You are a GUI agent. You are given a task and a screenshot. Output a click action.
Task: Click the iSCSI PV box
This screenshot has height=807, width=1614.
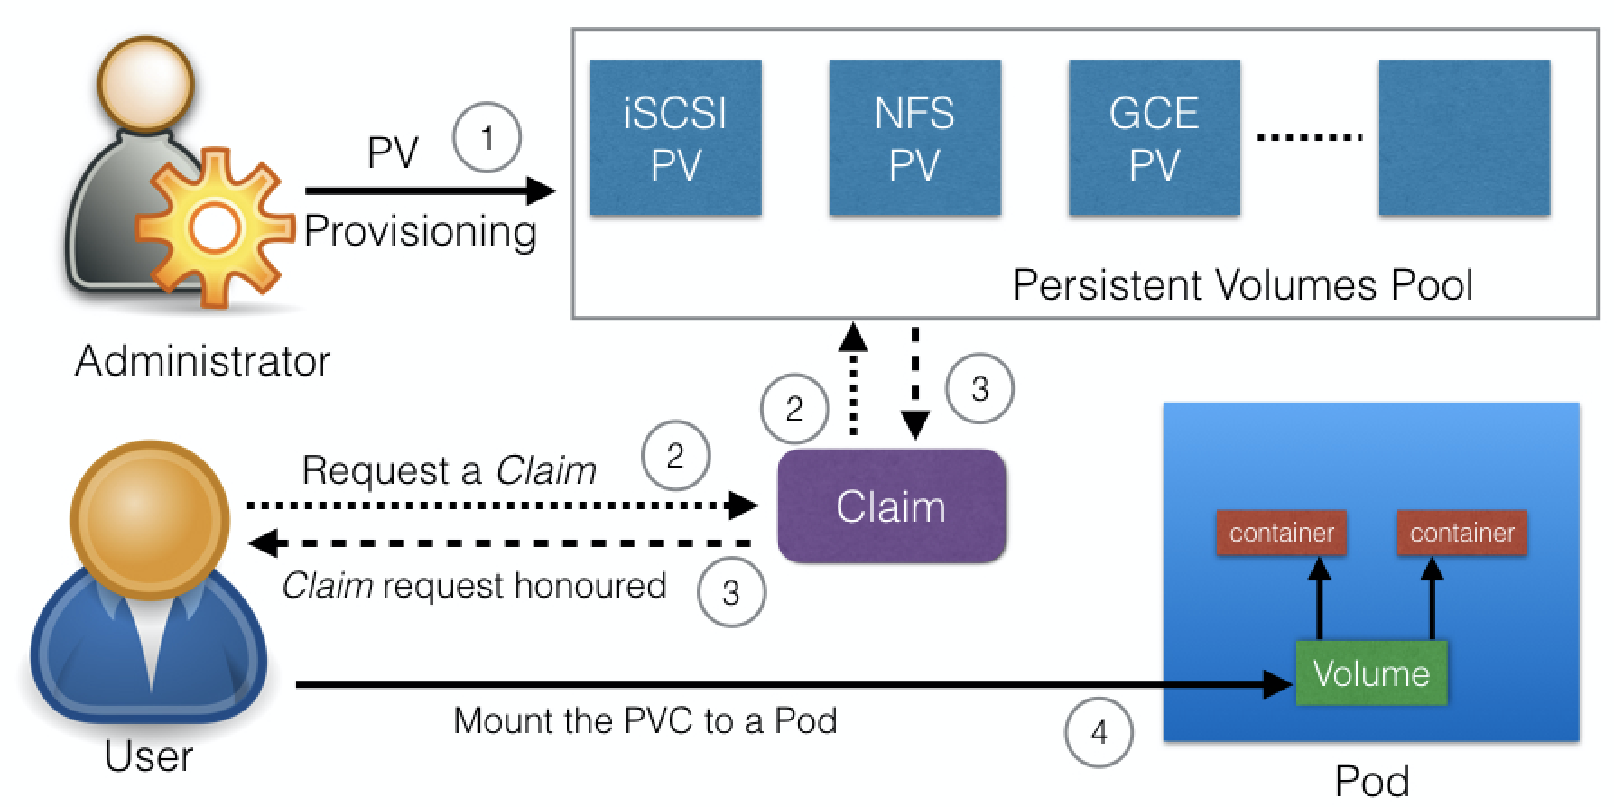675,137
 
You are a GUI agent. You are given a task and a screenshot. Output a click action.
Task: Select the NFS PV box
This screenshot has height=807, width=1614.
914,137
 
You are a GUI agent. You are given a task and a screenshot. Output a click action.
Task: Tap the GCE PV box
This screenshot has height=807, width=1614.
1154,137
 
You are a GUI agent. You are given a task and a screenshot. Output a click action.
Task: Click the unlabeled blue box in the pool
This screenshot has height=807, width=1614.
1463,137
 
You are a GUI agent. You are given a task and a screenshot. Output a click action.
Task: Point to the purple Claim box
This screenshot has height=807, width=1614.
891,506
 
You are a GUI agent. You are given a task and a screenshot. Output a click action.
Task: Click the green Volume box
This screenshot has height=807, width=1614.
1370,673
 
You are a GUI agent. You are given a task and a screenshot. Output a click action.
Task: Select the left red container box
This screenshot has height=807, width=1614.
1281,533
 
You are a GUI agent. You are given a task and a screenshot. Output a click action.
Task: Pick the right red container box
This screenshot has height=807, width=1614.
1461,533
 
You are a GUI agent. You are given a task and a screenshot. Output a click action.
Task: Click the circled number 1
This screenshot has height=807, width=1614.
487,138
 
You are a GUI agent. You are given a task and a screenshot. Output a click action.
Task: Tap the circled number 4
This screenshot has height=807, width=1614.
1099,732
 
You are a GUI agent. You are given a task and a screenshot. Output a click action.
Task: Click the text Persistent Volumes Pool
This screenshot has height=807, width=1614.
1241,285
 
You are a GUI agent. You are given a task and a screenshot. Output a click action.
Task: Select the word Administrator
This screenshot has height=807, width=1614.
202,361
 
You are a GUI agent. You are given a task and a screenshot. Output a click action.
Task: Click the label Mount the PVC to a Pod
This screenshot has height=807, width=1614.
645,721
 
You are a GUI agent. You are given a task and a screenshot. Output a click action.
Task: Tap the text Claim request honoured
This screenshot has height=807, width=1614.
474,586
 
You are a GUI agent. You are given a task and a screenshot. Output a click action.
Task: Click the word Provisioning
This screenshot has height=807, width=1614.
420,232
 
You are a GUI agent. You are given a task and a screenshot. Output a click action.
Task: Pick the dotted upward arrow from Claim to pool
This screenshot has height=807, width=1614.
853,379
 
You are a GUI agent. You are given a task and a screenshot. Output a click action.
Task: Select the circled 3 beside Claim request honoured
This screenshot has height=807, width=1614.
731,592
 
